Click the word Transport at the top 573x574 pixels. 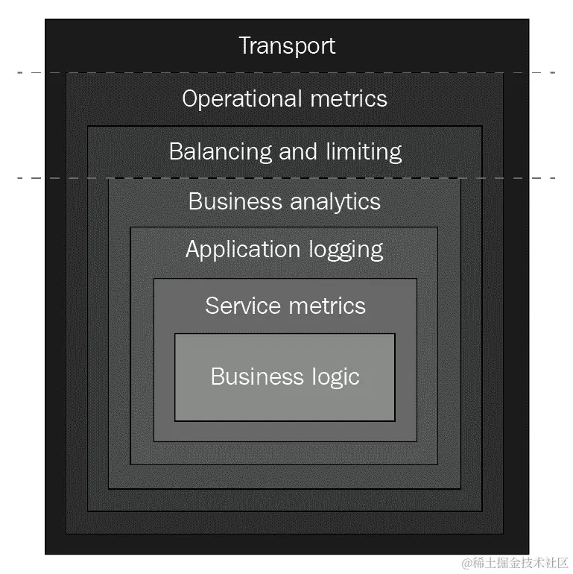pyautogui.click(x=287, y=45)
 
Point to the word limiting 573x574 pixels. pyautogui.click(x=364, y=151)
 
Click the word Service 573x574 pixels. pyautogui.click(x=238, y=306)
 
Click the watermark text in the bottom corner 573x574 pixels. pyautogui.click(x=515, y=561)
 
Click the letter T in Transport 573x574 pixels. pyautogui.click(x=245, y=45)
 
